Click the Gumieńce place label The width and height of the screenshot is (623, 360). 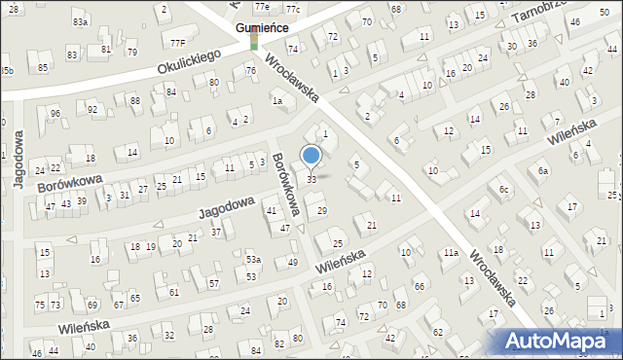point(261,28)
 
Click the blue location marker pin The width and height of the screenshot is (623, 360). point(311,156)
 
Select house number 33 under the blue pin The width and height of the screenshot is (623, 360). point(311,180)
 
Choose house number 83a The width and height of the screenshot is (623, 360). point(80,21)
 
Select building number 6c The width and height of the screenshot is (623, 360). point(503,189)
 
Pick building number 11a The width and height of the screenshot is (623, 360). point(451,253)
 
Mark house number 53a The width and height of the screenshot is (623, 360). point(253,260)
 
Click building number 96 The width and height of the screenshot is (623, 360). point(55,114)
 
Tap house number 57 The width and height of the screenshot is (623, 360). point(213,284)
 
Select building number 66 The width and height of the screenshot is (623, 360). point(419,286)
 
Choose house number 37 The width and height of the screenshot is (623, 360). point(216,232)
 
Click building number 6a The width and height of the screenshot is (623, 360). point(544,171)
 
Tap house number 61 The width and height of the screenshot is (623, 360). point(174,292)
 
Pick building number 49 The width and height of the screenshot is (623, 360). point(293,263)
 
